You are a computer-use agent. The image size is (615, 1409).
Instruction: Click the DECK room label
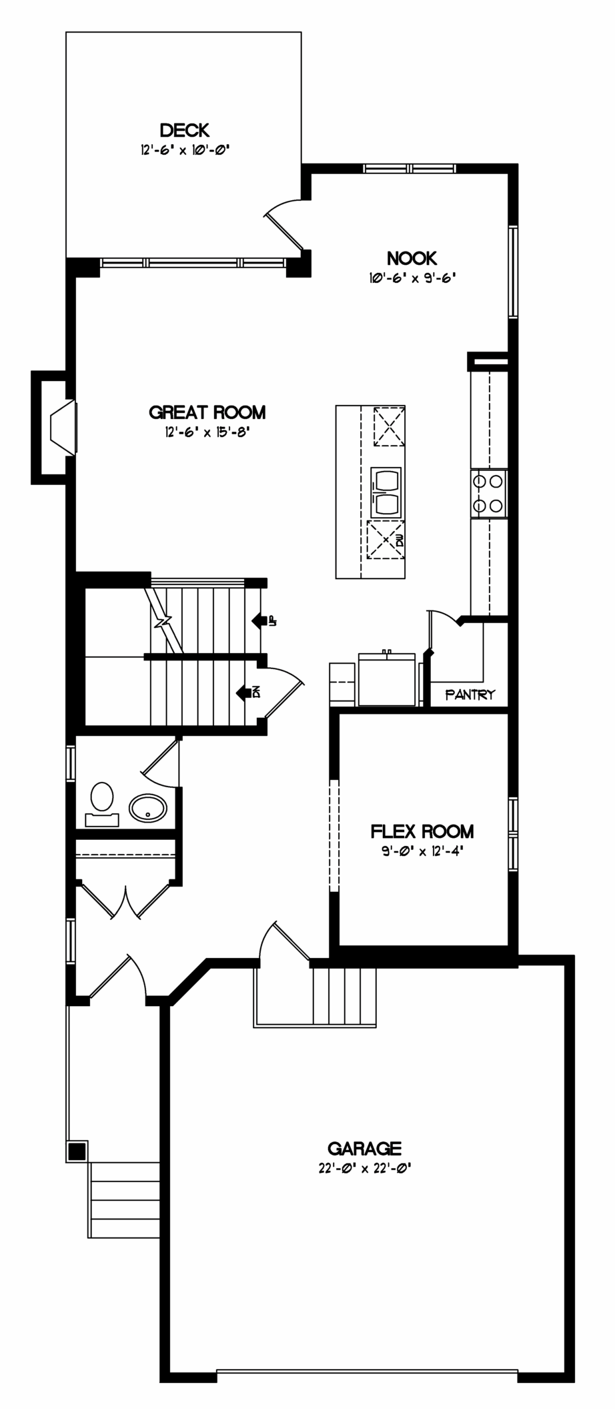tap(184, 129)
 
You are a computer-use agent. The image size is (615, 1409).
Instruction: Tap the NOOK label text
tap(412, 258)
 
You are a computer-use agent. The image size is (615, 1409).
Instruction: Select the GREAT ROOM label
tap(207, 412)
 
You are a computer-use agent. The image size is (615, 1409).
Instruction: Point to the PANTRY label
tap(470, 694)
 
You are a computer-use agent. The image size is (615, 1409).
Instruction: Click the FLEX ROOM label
tap(422, 831)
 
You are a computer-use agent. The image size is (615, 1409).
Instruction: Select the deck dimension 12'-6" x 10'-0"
tap(185, 149)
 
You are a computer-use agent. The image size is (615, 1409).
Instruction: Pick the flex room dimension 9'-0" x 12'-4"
tap(422, 851)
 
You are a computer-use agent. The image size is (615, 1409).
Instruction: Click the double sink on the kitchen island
tap(386, 492)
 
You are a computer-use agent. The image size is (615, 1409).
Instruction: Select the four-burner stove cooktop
tap(488, 493)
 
